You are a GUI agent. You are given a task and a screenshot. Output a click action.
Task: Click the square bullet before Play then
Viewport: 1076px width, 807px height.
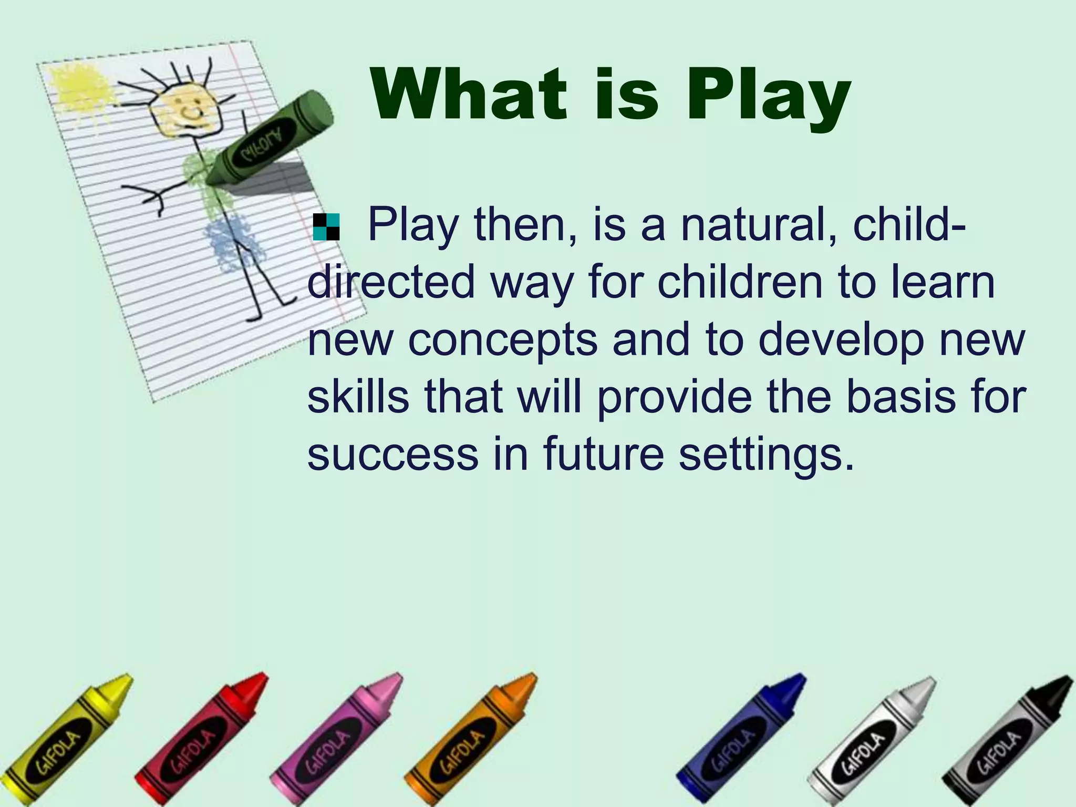point(326,227)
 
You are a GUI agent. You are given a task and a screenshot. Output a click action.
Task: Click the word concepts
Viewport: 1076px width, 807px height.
point(503,339)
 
